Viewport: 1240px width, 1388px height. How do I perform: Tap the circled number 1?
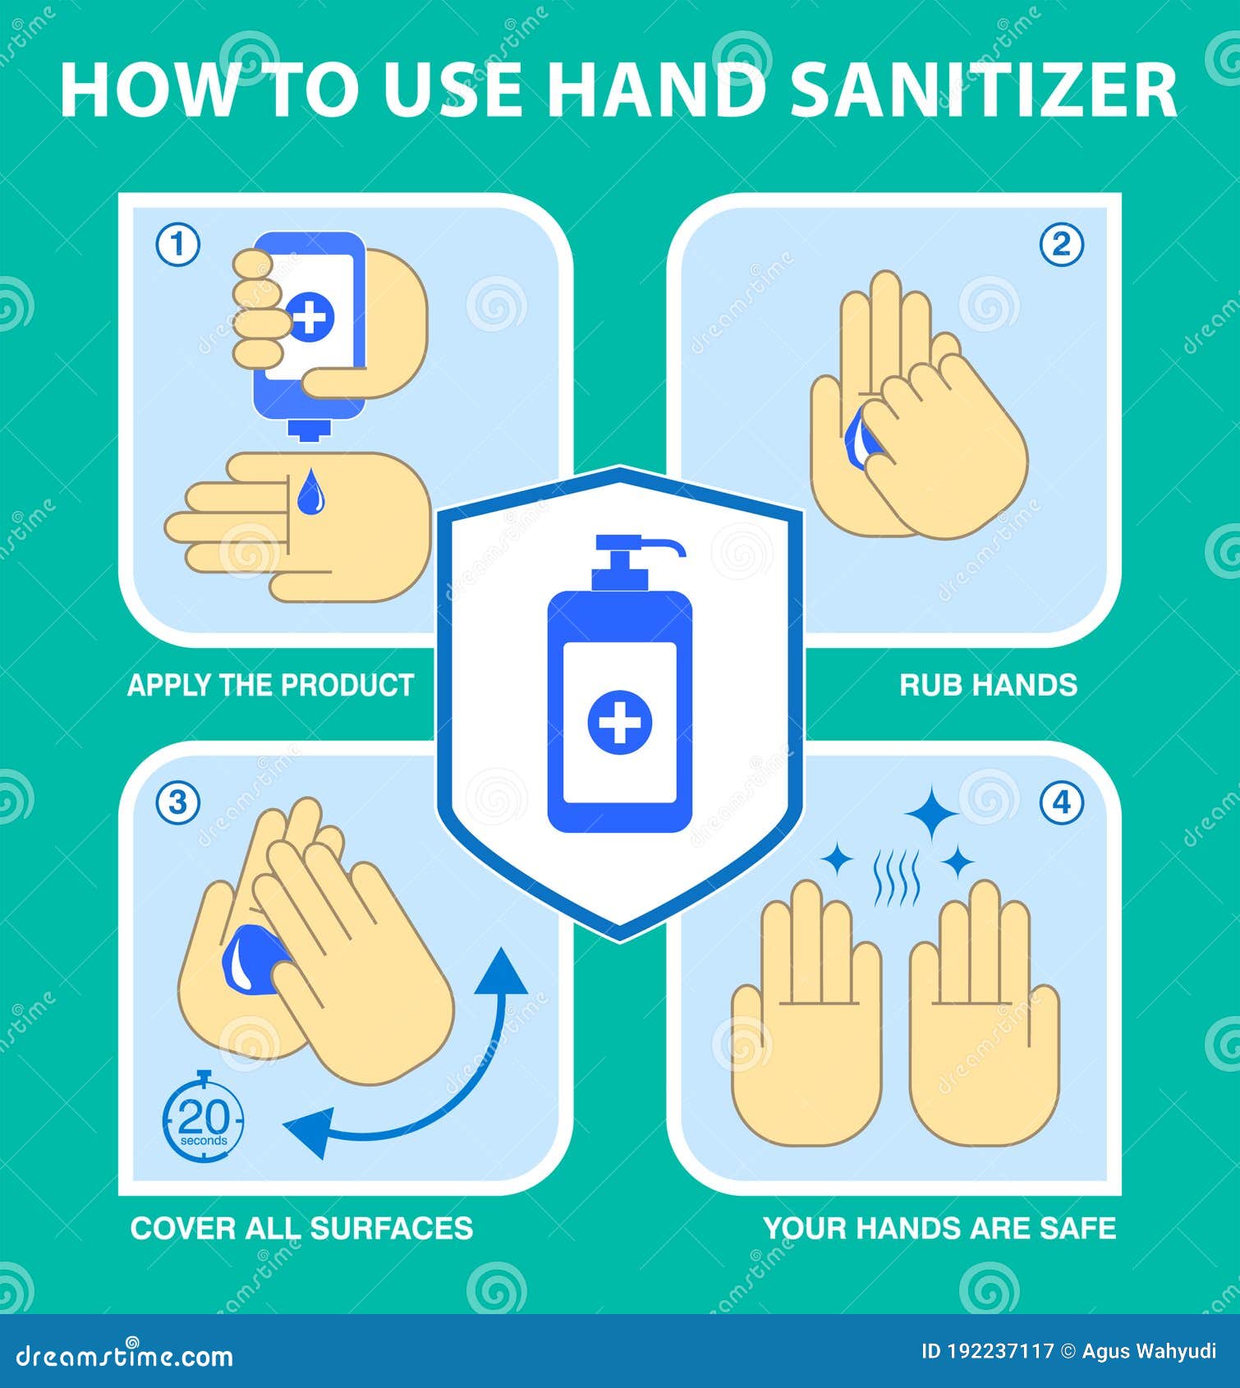(177, 245)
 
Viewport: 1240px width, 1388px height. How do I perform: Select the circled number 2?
(1062, 245)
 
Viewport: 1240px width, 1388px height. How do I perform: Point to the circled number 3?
(177, 802)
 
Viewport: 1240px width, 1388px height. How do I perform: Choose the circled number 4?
(1062, 802)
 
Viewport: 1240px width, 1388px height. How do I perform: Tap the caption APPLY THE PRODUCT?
(270, 685)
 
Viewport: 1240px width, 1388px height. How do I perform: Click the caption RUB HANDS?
(988, 685)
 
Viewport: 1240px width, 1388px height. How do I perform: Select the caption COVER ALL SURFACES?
(301, 1228)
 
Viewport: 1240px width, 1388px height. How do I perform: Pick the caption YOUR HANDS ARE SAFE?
(939, 1228)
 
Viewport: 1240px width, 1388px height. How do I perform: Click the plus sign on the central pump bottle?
(619, 723)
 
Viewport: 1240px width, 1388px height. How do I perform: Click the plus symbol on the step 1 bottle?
(310, 315)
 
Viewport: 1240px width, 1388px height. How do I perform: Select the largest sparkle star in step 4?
(932, 813)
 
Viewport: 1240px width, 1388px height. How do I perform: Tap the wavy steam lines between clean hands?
(896, 877)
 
